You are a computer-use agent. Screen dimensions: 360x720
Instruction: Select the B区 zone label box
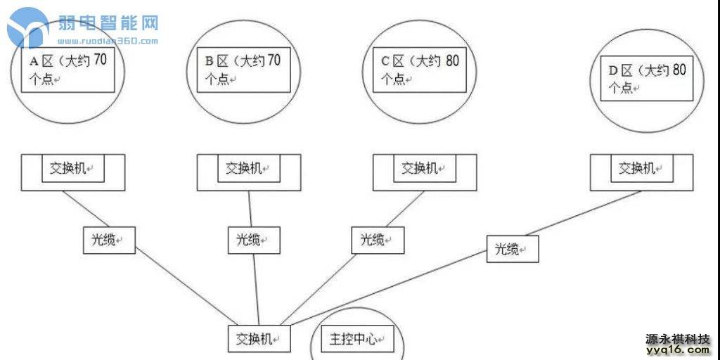[x=244, y=69]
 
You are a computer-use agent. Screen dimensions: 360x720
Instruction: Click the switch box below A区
[x=73, y=169]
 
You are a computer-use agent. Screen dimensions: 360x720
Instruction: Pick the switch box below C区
[x=424, y=169]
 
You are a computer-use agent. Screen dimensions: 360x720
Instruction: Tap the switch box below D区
[x=641, y=169]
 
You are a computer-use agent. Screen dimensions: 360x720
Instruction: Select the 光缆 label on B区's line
[x=253, y=240]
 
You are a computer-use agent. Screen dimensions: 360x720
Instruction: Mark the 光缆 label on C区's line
[x=378, y=240]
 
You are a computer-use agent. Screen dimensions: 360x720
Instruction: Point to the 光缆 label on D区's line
[x=513, y=249]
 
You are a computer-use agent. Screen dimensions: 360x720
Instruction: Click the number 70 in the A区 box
[x=100, y=60]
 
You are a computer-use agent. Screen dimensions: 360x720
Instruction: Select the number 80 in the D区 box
[x=678, y=70]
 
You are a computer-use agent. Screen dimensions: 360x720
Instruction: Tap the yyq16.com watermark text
[x=678, y=349]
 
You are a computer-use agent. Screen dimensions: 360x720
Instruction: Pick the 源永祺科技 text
[x=678, y=338]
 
